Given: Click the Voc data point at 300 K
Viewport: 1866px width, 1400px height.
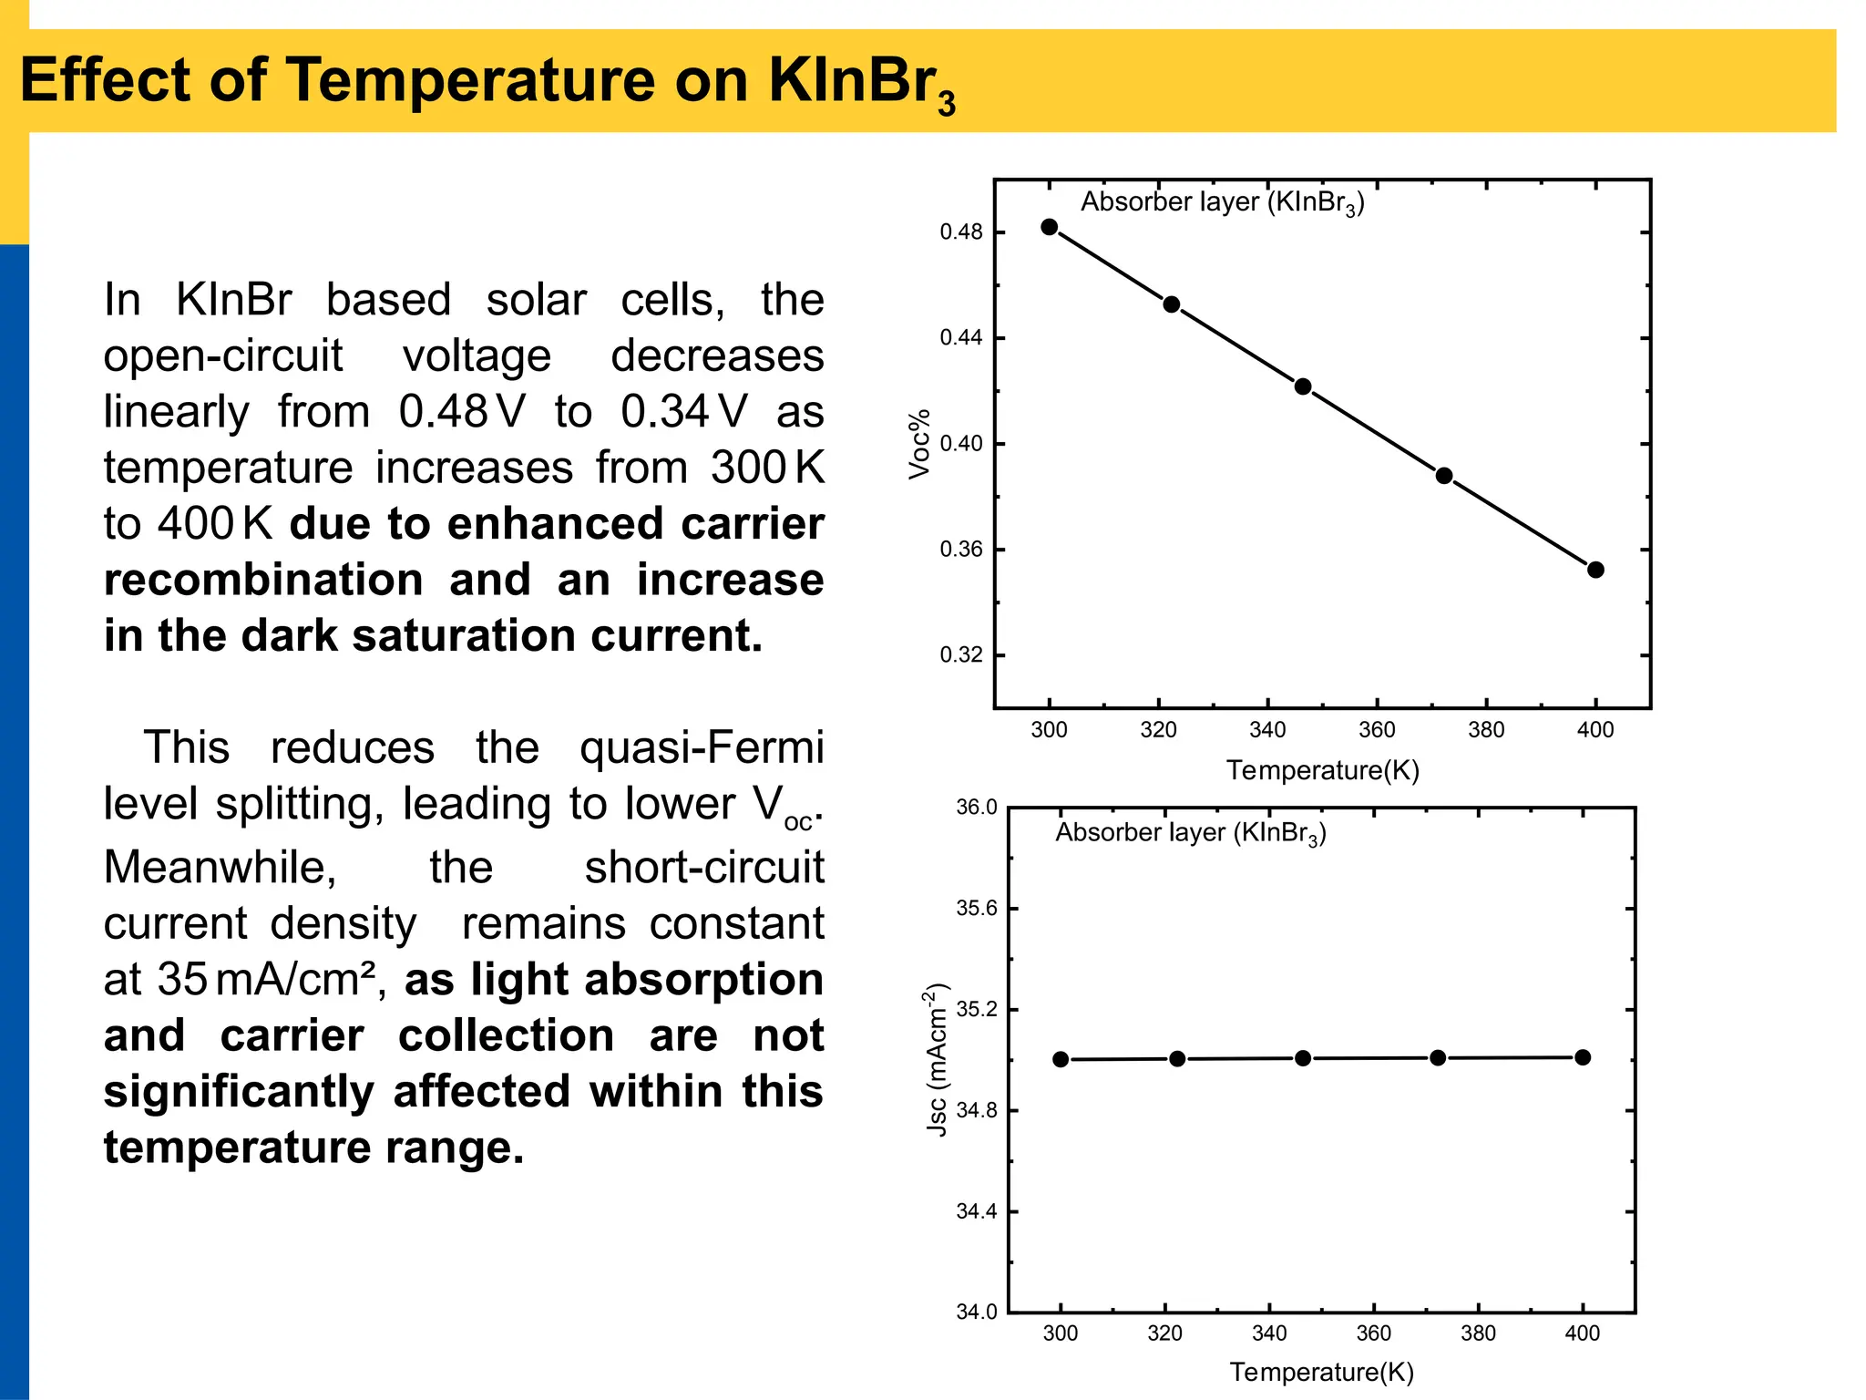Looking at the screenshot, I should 1049,227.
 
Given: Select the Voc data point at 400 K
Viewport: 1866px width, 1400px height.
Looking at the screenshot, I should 1595,570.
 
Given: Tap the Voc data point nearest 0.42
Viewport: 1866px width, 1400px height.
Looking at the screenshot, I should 1303,386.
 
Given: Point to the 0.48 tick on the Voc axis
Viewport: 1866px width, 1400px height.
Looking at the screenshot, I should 961,232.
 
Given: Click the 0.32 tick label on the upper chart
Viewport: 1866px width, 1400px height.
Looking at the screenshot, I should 961,655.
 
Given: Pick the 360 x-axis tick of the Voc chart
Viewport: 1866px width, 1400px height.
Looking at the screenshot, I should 1377,730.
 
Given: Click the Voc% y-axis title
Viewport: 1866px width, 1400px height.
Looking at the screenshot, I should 919,444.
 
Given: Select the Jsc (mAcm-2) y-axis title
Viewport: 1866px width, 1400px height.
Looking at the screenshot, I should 938,1059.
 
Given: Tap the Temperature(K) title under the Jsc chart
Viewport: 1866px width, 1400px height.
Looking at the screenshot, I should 1321,1372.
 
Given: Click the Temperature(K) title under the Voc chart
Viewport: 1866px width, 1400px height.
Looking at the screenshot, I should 1322,770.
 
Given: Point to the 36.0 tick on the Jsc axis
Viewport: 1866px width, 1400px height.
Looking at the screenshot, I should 977,808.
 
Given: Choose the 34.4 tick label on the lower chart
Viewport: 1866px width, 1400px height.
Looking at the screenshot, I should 977,1211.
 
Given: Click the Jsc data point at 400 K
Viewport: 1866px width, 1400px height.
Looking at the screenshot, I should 1583,1057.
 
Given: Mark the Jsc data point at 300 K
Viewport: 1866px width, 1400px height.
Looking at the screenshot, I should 1061,1059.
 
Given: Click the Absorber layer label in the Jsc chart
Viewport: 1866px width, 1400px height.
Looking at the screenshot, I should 1190,833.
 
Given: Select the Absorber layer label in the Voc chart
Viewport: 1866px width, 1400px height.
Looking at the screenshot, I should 1222,202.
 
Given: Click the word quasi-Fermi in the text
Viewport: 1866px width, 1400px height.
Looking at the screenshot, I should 701,747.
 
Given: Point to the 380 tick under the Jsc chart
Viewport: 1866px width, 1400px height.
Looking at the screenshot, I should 1478,1333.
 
